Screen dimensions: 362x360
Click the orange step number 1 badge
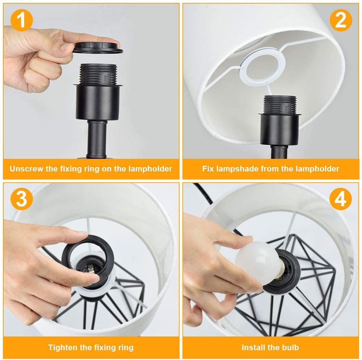point(21,20)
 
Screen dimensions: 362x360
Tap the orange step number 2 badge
point(341,20)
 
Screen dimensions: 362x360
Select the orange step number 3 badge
point(21,199)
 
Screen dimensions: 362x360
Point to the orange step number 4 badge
point(341,199)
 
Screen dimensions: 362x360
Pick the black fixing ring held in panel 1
point(98,48)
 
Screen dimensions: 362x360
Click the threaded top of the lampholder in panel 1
point(98,73)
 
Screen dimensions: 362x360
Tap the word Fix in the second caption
point(208,169)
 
